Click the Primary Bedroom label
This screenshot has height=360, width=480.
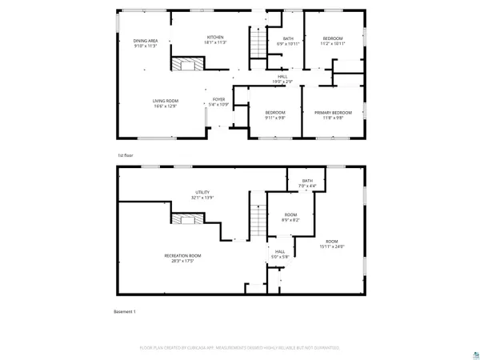[328, 115]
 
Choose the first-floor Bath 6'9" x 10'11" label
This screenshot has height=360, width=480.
[287, 41]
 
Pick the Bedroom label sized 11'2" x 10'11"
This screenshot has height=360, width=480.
[333, 41]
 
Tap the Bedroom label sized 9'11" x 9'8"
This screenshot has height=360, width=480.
[275, 115]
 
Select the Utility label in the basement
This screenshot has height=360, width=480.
[202, 194]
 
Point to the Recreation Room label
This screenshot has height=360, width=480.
[182, 258]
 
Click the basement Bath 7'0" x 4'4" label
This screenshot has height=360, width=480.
[308, 183]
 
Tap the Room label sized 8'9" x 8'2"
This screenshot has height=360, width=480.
[290, 217]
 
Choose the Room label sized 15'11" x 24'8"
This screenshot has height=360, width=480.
[332, 243]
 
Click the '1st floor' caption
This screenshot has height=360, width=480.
[125, 155]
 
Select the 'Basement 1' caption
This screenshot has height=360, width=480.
[126, 311]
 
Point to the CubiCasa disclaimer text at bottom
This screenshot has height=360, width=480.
[240, 347]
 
